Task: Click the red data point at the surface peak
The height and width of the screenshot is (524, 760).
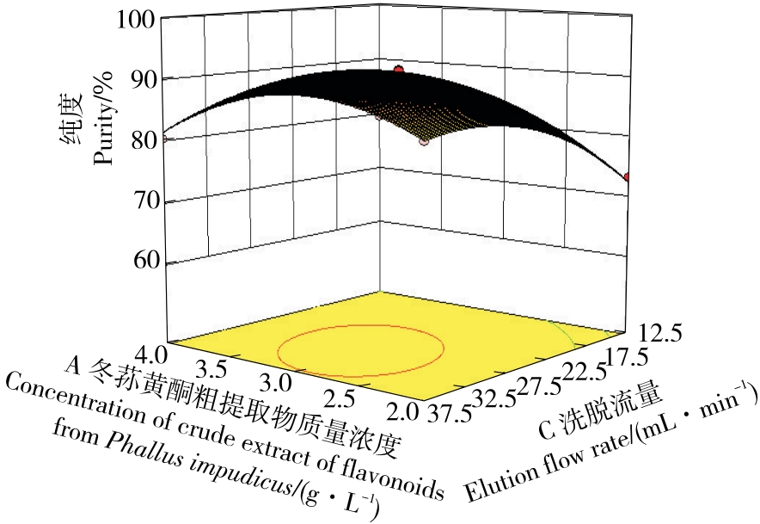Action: (398, 69)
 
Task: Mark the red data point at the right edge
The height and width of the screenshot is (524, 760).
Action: (628, 177)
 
